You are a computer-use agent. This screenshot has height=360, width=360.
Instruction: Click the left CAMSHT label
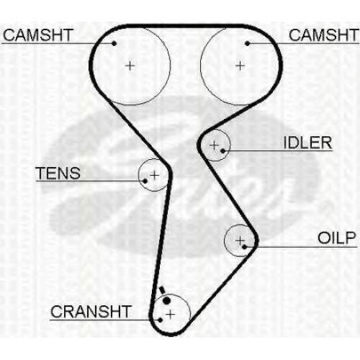(x=38, y=35)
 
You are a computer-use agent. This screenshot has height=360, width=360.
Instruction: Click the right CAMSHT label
(x=323, y=35)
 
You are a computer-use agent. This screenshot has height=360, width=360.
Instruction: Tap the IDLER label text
(x=307, y=143)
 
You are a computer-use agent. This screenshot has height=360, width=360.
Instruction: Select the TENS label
(x=58, y=173)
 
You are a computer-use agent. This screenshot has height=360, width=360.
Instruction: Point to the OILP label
(x=336, y=238)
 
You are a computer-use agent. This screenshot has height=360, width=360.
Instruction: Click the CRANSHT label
(x=91, y=312)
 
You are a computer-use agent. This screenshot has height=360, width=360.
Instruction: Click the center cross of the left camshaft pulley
(x=130, y=66)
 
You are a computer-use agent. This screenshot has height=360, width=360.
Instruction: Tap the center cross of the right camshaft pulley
(x=240, y=66)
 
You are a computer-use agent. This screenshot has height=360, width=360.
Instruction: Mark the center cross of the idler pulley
(x=214, y=145)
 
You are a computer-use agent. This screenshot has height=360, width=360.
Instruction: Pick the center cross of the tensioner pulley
(x=155, y=175)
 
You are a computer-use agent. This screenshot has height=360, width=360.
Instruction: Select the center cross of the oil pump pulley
(x=240, y=240)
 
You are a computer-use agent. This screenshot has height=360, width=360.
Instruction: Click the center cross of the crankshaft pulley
(x=171, y=314)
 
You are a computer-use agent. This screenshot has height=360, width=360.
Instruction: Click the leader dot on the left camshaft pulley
(x=114, y=43)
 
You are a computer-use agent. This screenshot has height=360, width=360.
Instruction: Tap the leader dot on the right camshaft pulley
(x=248, y=43)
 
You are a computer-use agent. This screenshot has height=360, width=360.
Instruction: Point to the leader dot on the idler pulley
(x=222, y=150)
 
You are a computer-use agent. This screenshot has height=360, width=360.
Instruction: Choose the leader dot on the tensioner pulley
(x=145, y=181)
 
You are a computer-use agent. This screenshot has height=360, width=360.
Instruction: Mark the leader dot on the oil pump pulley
(x=244, y=246)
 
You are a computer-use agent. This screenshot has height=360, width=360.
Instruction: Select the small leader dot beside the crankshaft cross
(x=161, y=320)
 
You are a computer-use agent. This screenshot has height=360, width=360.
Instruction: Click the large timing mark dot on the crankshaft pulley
(x=166, y=300)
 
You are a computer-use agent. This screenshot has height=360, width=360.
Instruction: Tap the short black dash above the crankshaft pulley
(x=162, y=290)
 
